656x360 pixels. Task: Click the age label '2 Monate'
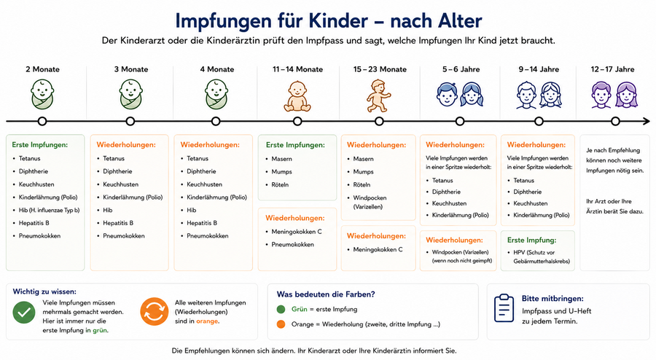click(42, 69)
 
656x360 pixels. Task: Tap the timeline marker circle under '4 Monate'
click(216, 121)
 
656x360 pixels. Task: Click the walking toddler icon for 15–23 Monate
click(378, 95)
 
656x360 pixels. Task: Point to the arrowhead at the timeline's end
click(646, 121)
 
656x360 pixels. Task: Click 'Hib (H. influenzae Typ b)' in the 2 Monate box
click(49, 211)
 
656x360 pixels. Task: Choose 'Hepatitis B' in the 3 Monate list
click(118, 223)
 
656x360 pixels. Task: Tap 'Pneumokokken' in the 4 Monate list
click(208, 236)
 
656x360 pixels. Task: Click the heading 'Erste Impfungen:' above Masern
click(295, 145)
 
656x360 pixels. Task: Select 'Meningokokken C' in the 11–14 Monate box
click(297, 232)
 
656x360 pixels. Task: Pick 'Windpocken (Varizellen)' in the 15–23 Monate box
click(370, 202)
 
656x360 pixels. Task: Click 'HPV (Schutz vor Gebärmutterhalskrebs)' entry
click(542, 257)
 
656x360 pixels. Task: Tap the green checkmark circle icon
click(24, 313)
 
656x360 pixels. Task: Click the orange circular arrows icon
click(154, 311)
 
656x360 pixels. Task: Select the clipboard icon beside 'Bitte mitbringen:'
click(504, 308)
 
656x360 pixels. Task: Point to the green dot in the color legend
click(281, 310)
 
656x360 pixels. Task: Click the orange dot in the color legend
click(281, 324)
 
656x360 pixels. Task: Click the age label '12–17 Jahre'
click(612, 69)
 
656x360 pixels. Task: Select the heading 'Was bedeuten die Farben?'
click(326, 294)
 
